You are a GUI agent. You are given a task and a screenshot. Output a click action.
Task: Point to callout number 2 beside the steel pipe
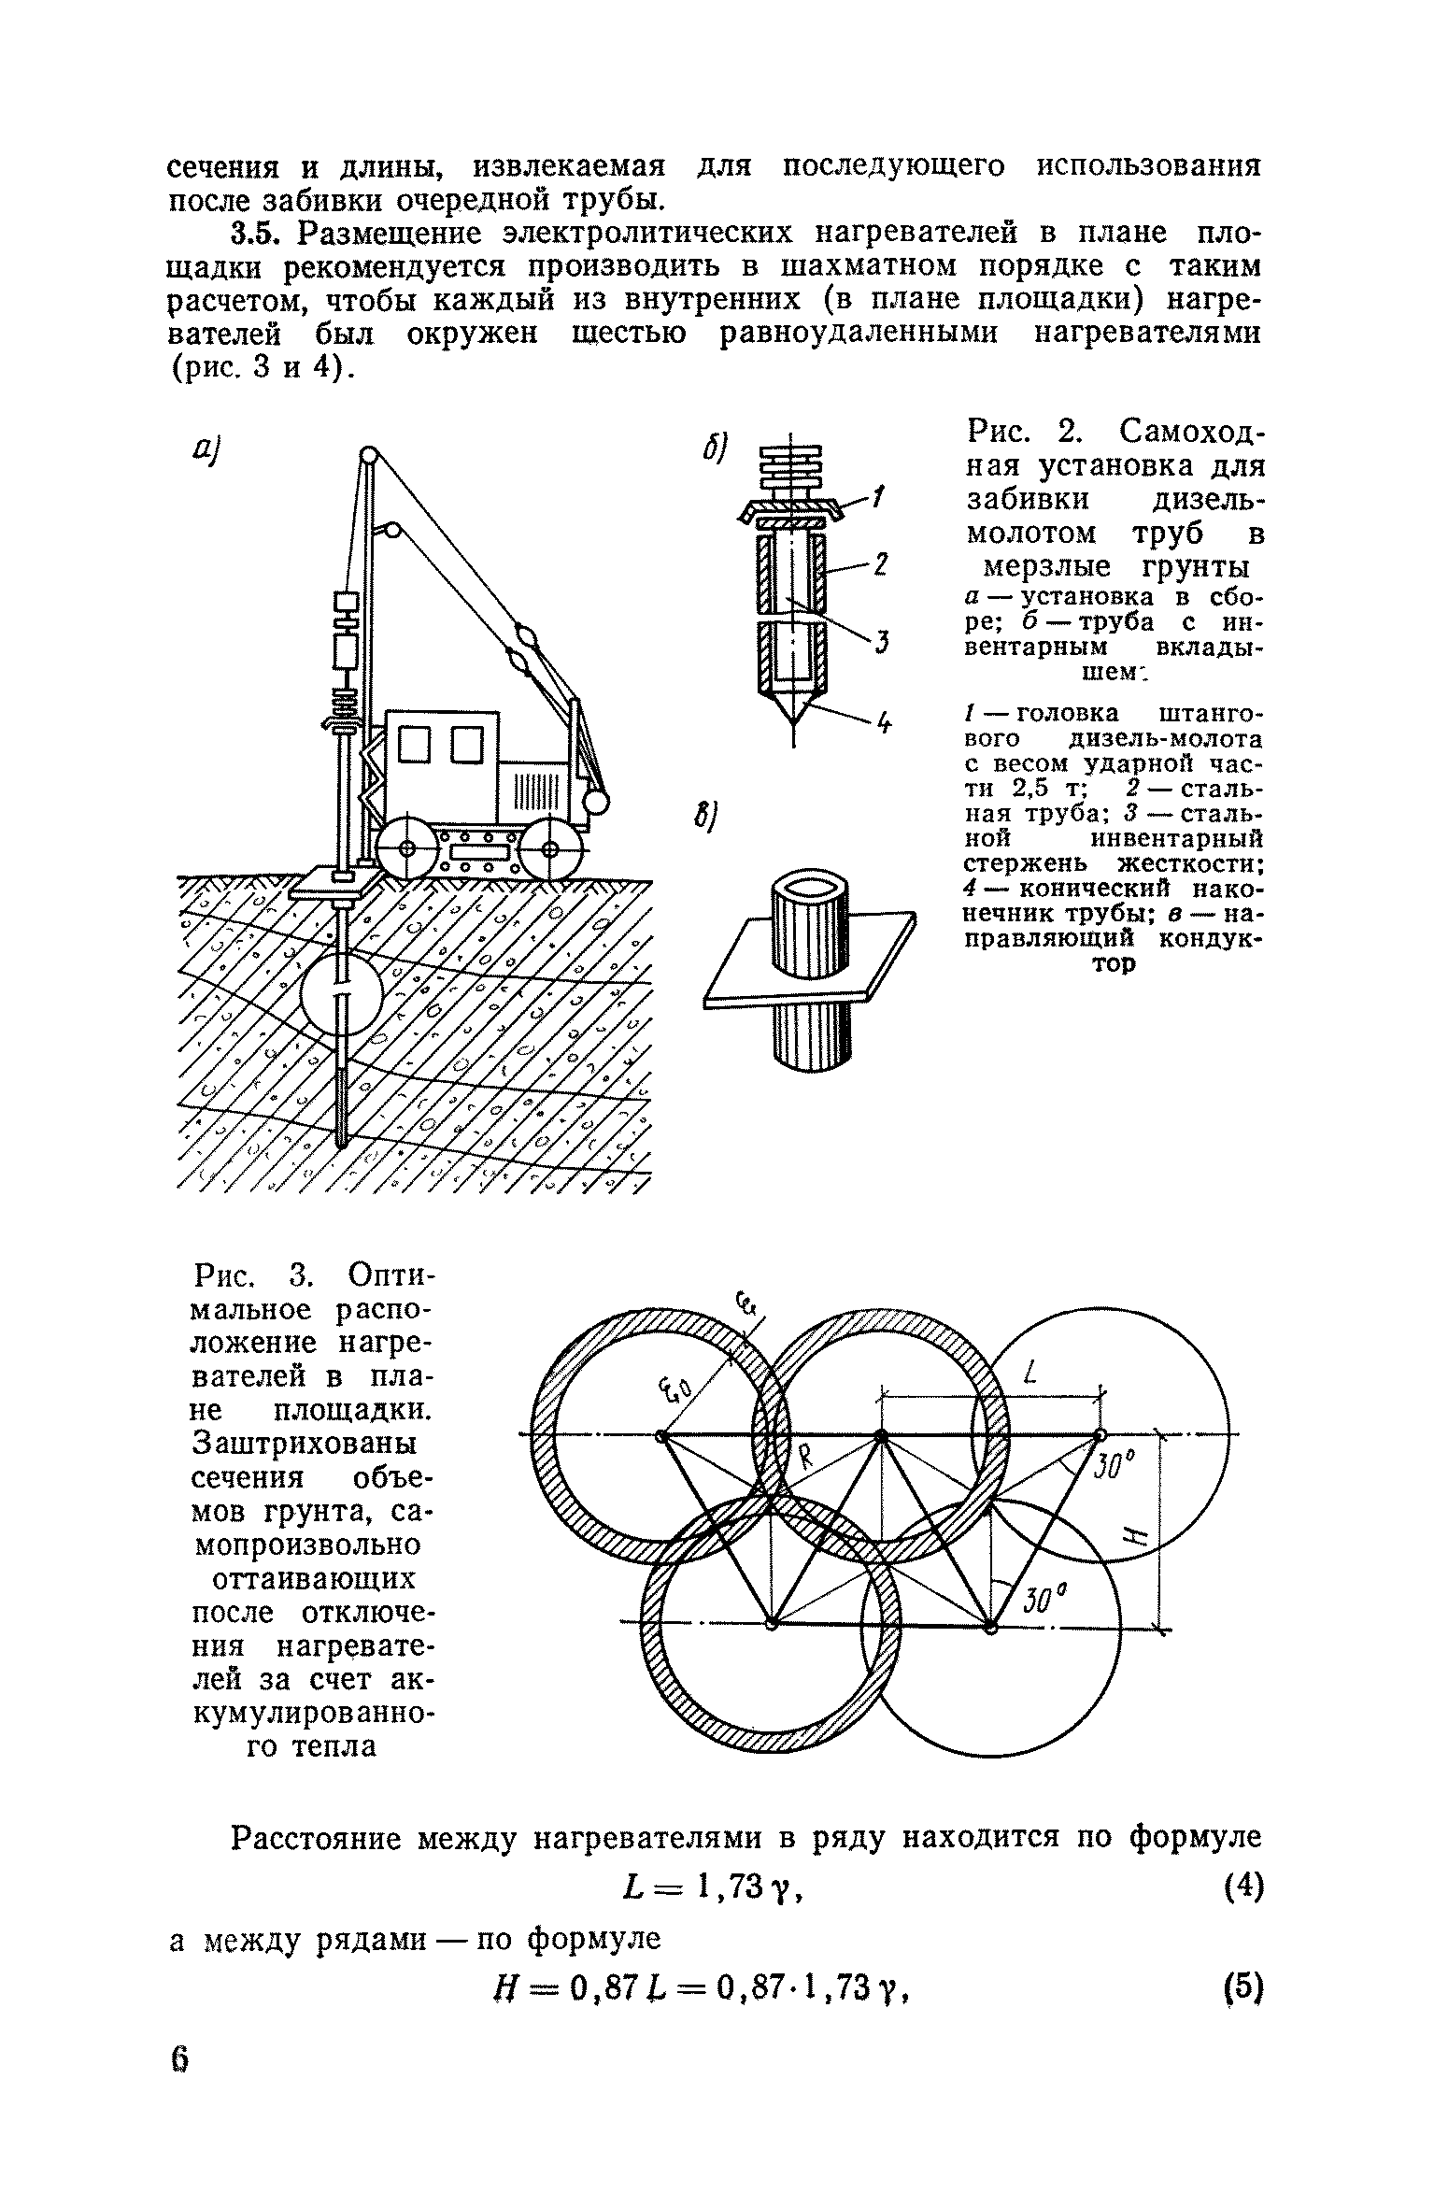pos(880,564)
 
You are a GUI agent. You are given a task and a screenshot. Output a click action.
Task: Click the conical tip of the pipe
pos(792,710)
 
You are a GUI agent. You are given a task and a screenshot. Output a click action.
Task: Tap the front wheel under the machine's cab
pos(407,848)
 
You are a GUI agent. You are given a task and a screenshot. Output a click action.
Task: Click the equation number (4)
pos(1242,1890)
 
